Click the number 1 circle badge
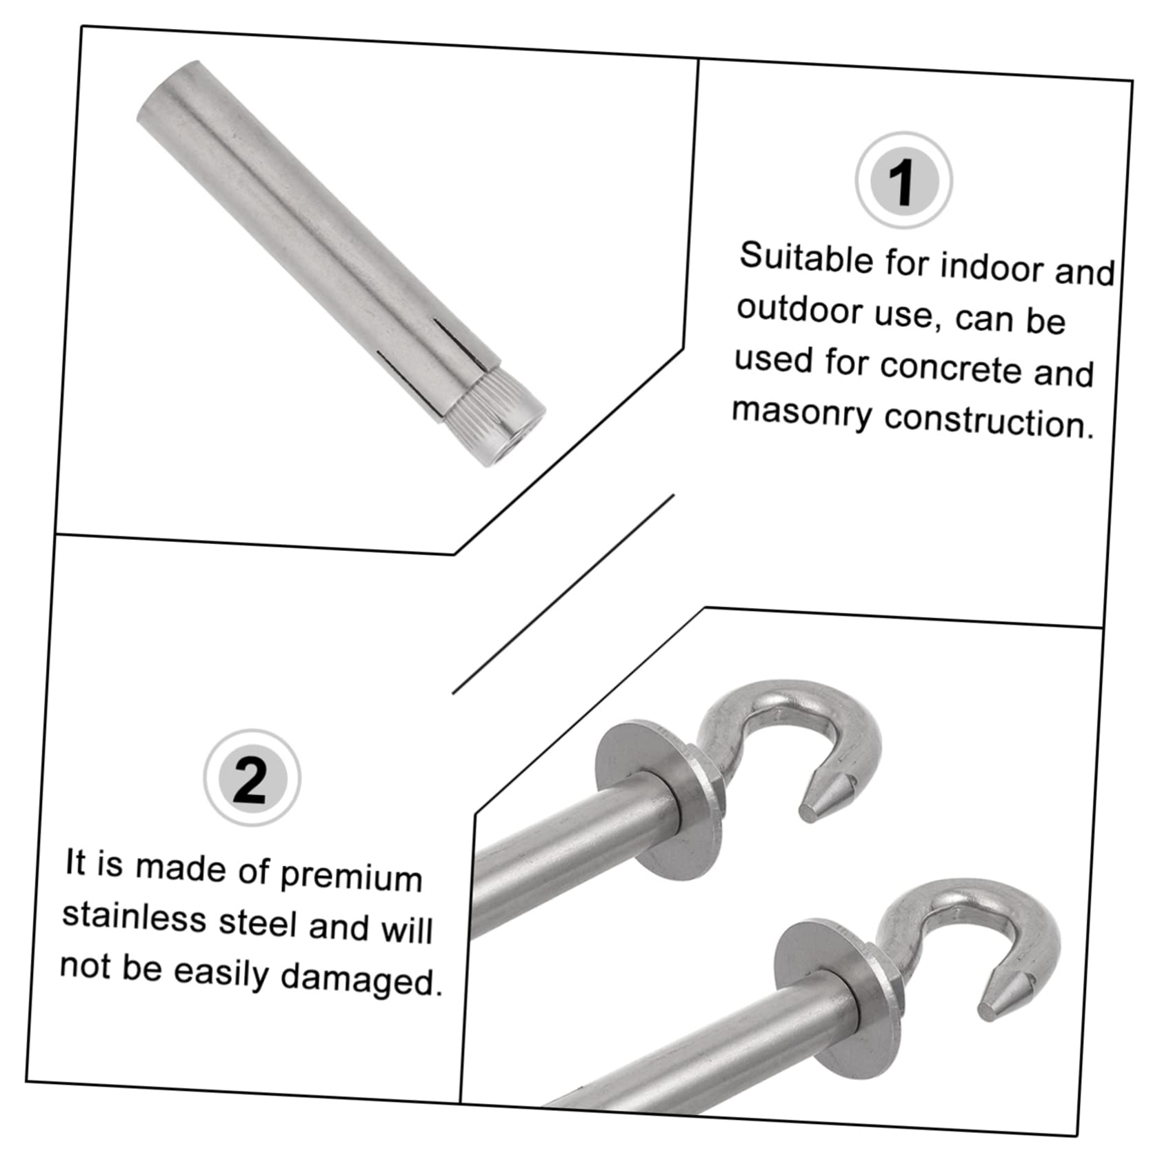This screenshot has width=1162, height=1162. pos(903,181)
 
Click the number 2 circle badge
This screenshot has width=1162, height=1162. pos(252,777)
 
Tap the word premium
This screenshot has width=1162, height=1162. pos(351,877)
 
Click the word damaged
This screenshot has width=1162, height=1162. pos(361,979)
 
